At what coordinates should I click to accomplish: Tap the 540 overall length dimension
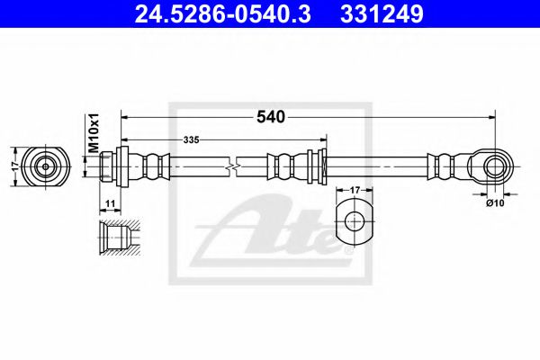click(270, 116)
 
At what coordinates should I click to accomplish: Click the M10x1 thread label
click(92, 135)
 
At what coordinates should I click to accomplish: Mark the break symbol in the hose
click(232, 166)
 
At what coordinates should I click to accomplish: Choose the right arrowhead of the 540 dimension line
click(491, 116)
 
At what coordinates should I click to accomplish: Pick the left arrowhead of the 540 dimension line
click(126, 116)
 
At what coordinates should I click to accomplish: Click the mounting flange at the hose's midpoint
click(315, 166)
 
